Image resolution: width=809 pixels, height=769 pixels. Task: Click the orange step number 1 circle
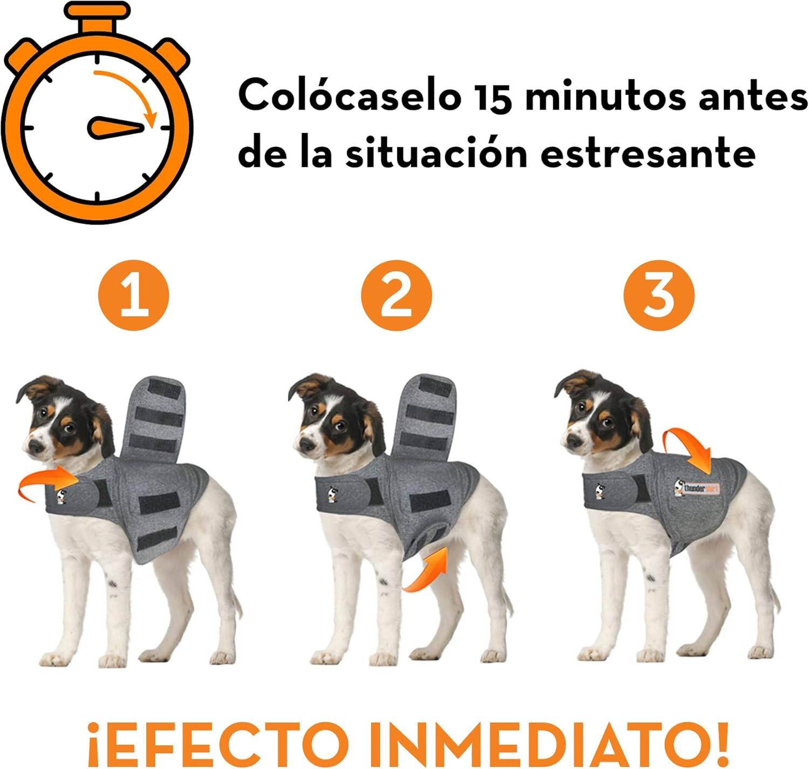pyautogui.click(x=133, y=296)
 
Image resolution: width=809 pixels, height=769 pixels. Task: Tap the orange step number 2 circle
pyautogui.click(x=396, y=296)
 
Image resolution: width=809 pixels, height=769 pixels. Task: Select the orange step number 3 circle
pyautogui.click(x=659, y=296)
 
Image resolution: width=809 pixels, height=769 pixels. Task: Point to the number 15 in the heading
pyautogui.click(x=493, y=97)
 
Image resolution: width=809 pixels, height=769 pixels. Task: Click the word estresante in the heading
pyautogui.click(x=647, y=153)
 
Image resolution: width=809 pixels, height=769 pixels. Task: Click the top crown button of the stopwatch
pyautogui.click(x=97, y=22)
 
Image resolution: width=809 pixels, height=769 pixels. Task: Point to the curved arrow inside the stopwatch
pyautogui.click(x=129, y=92)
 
